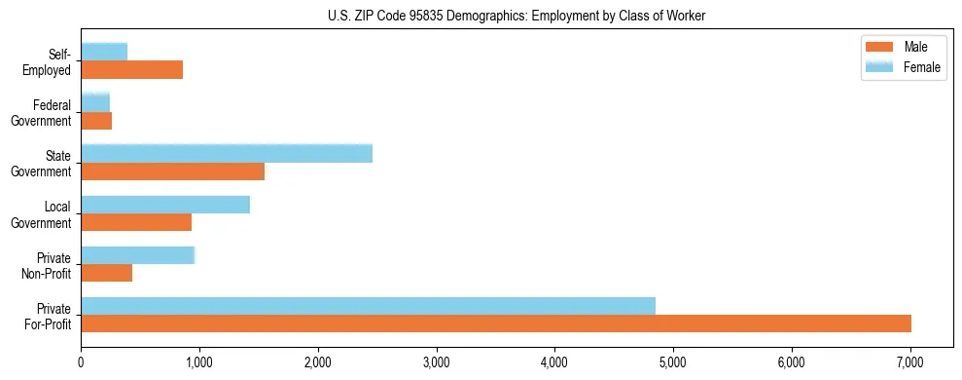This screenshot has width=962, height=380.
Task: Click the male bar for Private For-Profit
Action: click(x=496, y=323)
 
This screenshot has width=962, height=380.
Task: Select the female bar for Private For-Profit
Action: click(x=368, y=306)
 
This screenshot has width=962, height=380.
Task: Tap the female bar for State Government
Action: click(x=227, y=154)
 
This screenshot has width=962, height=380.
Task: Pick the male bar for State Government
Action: click(x=172, y=171)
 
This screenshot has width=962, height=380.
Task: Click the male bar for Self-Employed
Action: click(x=131, y=70)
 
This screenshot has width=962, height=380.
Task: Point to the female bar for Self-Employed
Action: click(x=104, y=53)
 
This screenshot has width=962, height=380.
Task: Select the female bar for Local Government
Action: click(x=165, y=205)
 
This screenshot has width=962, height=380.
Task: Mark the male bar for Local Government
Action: click(x=136, y=222)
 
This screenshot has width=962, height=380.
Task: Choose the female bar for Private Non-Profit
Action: click(x=137, y=255)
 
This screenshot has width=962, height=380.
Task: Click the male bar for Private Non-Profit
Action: click(x=106, y=273)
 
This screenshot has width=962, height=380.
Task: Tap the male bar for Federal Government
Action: click(x=96, y=121)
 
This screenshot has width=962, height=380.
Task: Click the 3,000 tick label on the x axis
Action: click(x=436, y=363)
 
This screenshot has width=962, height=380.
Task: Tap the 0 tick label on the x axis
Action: click(x=81, y=363)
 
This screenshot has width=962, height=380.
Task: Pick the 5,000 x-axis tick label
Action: click(x=673, y=363)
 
